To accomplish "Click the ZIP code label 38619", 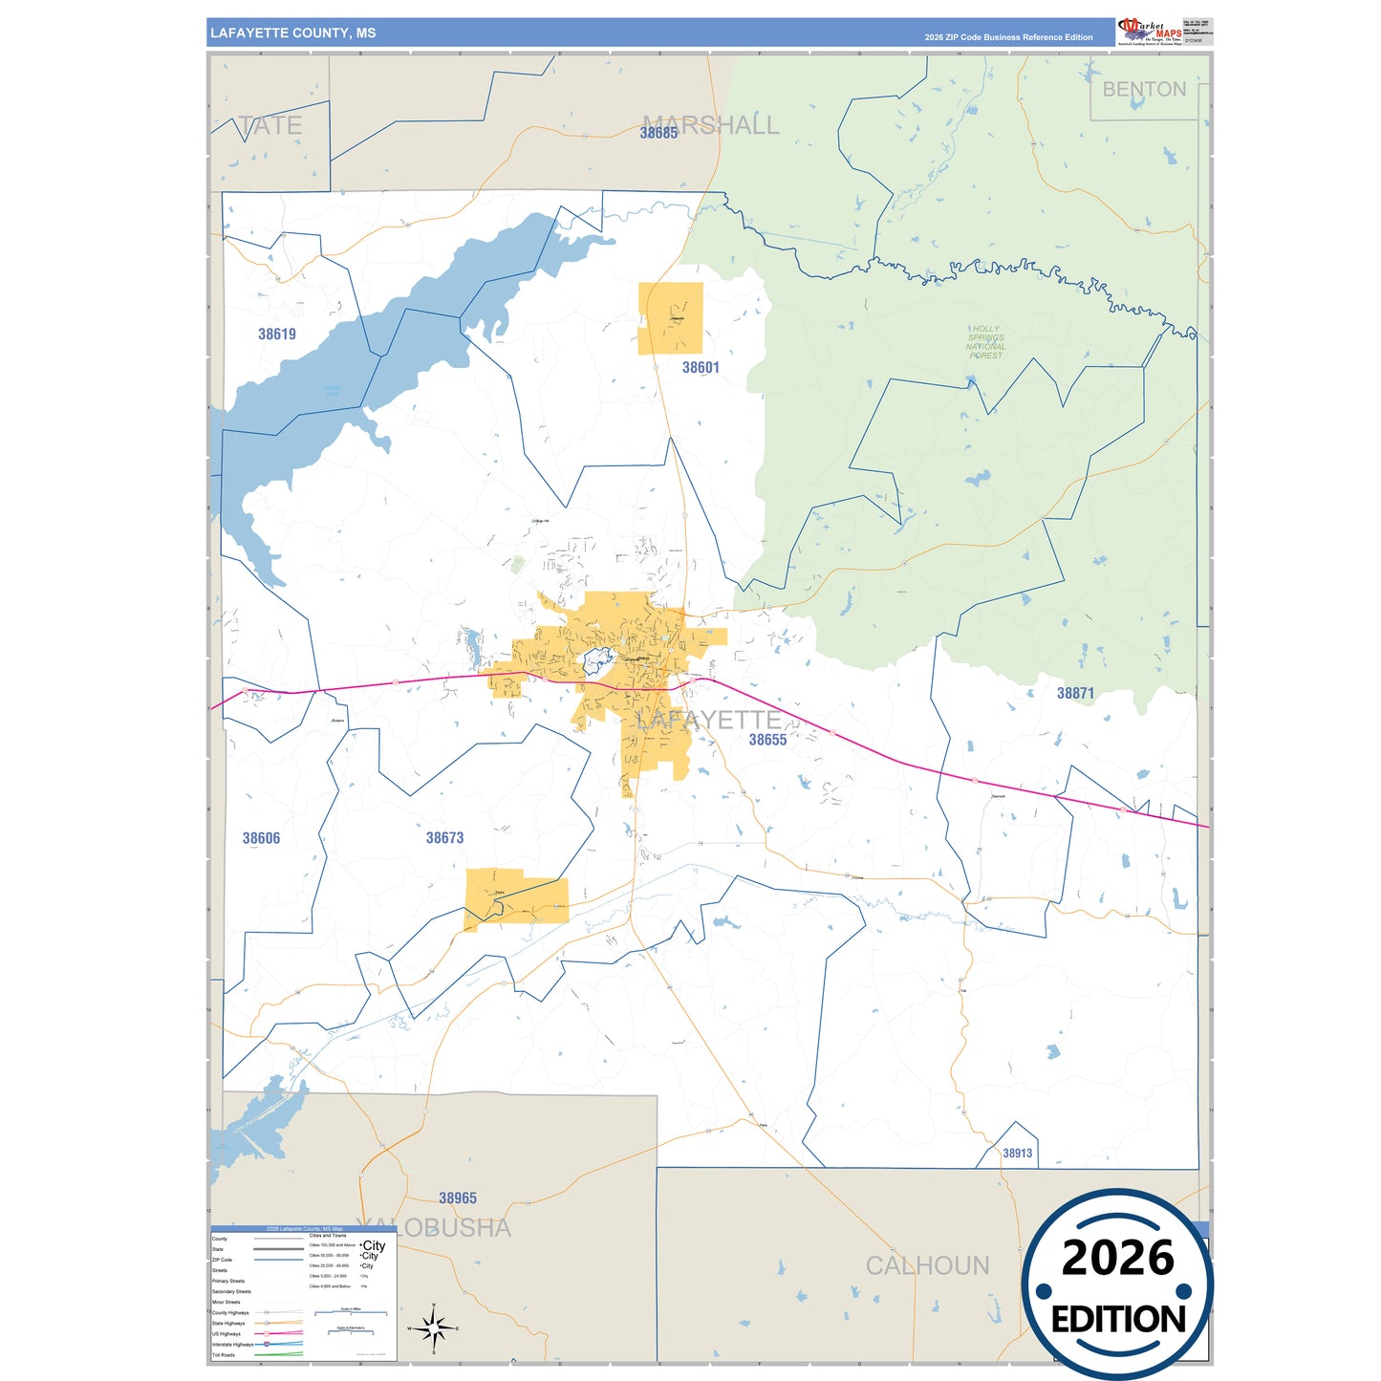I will click(277, 334).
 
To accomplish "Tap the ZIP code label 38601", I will click(701, 368).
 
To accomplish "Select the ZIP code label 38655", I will click(767, 740).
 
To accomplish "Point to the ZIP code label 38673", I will click(444, 838).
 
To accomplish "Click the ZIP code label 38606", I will click(261, 839).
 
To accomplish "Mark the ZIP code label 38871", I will click(1075, 694).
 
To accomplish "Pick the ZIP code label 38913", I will click(1017, 1154).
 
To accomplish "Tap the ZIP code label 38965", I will click(458, 1198).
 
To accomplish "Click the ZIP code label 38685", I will click(658, 134).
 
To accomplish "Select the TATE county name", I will click(270, 126).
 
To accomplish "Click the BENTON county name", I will click(1144, 90).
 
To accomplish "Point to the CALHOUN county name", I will click(927, 1266).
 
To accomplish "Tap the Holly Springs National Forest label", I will click(985, 342).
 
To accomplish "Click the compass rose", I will click(433, 1328).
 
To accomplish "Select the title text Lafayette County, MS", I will click(293, 33).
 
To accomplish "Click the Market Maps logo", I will click(1150, 31).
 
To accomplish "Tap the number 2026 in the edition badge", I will click(1117, 1258).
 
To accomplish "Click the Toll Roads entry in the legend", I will click(224, 1355).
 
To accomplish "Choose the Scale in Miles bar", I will click(351, 1312).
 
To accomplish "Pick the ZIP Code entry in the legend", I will click(222, 1260).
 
